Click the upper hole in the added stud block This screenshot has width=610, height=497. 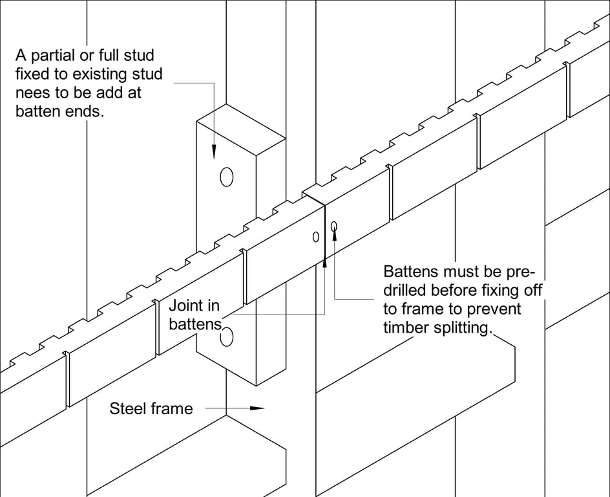[226, 176]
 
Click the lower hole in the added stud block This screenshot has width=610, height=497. [226, 337]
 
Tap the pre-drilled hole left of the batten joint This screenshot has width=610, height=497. [316, 236]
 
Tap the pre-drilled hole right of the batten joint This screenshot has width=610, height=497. [333, 226]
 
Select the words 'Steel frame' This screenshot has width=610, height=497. [151, 408]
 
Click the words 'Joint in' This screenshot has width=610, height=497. [195, 305]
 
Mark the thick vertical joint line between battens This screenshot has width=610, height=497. [324, 233]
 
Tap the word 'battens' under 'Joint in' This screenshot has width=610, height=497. [195, 324]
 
